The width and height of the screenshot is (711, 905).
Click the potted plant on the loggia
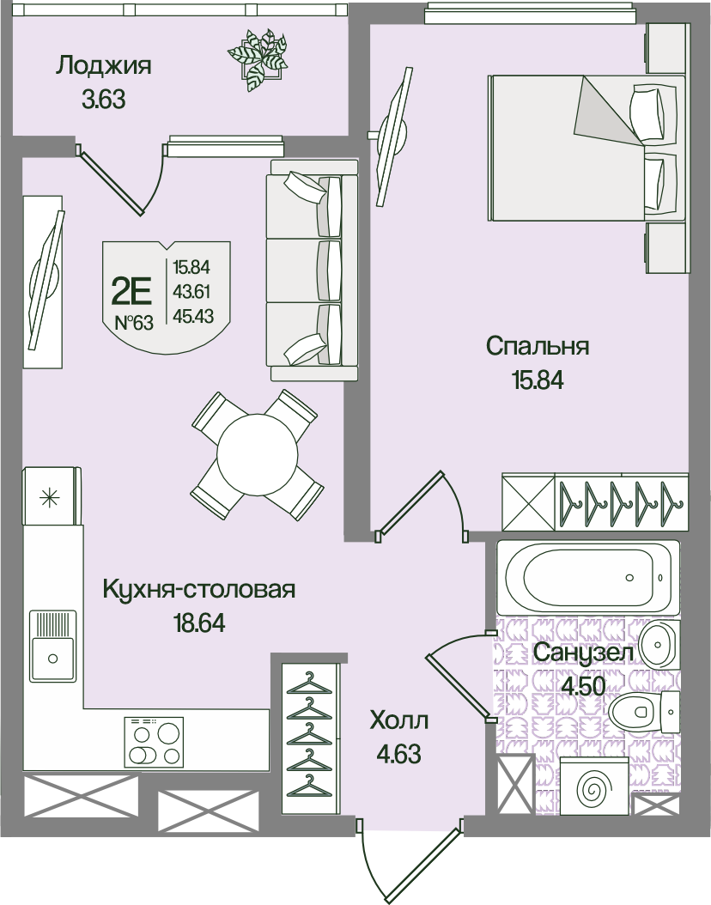(x=258, y=59)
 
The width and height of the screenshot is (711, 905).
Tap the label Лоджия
(x=104, y=65)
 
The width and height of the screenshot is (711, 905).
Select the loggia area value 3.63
(x=104, y=100)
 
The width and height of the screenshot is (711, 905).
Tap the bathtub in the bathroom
(x=588, y=577)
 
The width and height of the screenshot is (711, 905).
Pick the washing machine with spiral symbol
(x=594, y=786)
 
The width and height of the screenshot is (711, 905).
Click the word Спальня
(x=538, y=346)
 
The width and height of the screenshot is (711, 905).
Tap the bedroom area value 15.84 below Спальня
(x=538, y=380)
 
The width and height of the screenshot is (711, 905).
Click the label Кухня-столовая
(x=198, y=589)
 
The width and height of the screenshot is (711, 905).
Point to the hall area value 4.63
(x=398, y=754)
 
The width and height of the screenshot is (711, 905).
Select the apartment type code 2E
(x=131, y=291)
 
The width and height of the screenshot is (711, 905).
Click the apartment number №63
(x=134, y=323)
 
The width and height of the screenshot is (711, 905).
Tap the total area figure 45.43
(x=193, y=316)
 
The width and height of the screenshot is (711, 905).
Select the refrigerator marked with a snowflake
(x=52, y=495)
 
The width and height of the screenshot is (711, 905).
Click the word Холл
(x=398, y=720)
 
